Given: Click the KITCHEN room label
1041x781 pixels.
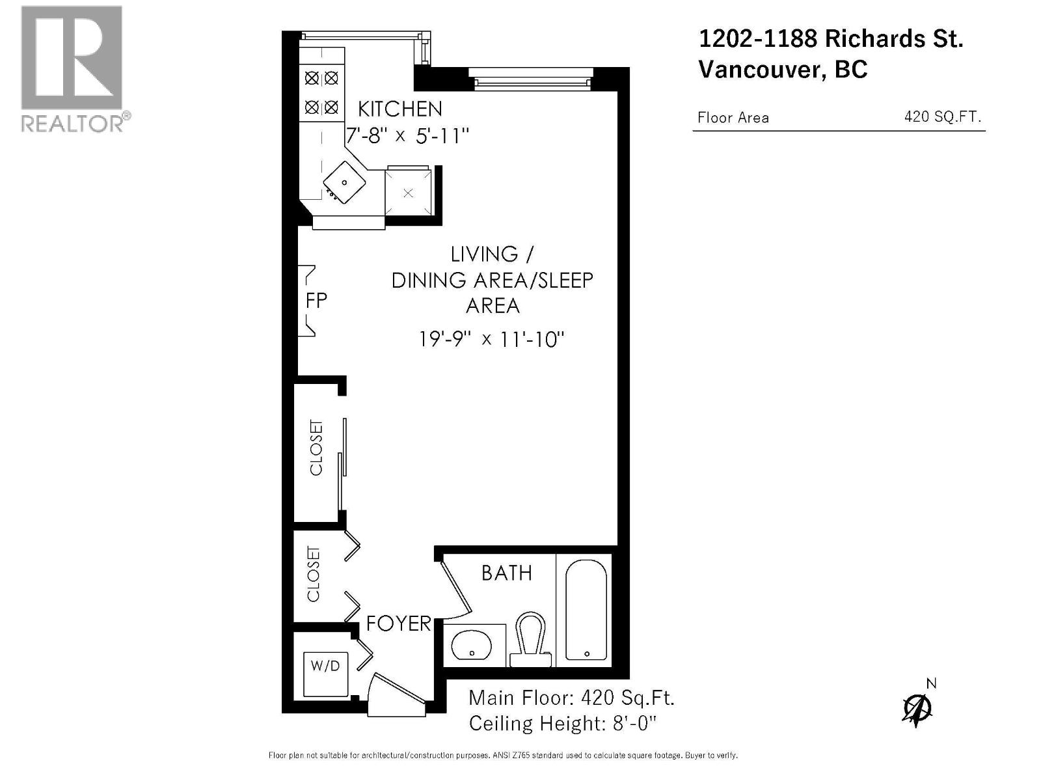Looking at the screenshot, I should pos(399,109).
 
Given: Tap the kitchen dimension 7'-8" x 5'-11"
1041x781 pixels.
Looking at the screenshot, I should pos(407,136).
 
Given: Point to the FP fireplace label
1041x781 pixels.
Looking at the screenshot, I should pos(316,301).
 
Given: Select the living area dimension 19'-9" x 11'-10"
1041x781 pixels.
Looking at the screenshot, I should pos(491,339).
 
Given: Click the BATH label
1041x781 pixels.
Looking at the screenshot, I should pos(506,573).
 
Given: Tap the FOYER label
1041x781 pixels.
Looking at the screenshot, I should pos(398,623).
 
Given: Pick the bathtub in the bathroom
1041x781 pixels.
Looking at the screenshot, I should pos(586,610).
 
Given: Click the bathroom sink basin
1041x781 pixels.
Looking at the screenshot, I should pos(471,645).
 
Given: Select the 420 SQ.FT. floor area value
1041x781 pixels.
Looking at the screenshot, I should pos(942,117).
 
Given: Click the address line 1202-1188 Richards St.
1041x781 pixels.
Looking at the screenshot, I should pos(830,39).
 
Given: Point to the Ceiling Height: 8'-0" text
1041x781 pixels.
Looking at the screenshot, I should pos(562,723).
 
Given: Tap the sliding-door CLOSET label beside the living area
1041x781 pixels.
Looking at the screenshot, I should pos(316,448).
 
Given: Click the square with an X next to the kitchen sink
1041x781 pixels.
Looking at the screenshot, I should pos(408,193).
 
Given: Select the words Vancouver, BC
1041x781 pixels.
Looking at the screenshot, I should pos(783,70).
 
